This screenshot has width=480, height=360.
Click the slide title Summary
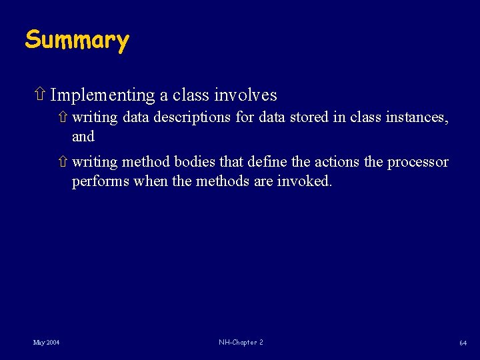(x=77, y=40)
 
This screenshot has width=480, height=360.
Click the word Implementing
(x=103, y=96)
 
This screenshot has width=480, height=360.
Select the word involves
(x=245, y=96)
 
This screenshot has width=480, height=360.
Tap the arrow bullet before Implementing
(x=39, y=95)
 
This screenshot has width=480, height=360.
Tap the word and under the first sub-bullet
(x=83, y=137)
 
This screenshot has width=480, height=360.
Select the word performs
(x=100, y=182)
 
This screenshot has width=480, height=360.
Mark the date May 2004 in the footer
(x=46, y=343)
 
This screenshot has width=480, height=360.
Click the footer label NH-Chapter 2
(x=241, y=343)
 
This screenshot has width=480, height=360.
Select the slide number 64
(x=462, y=343)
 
